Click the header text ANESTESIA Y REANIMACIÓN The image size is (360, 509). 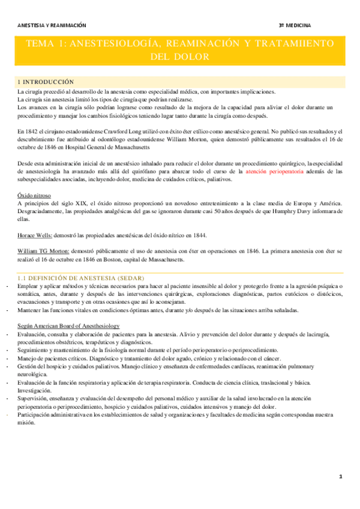tap(52, 26)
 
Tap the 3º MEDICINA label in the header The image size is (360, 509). tap(295, 26)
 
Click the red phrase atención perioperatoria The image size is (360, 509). tap(264, 171)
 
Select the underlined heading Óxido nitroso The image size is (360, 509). tap(34, 196)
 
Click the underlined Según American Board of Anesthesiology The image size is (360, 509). tap(68, 325)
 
